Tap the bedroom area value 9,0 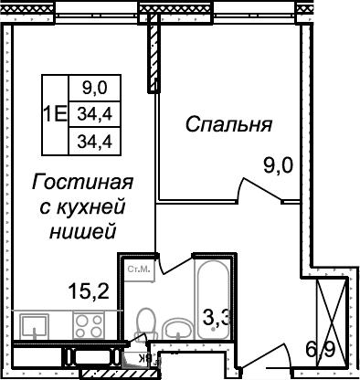pos(278,166)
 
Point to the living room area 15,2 pos(89,292)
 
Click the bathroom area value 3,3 pos(216,319)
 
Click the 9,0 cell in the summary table pos(94,89)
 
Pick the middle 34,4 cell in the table pos(94,114)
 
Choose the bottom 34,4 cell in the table pos(94,141)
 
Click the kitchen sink pos(37,325)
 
